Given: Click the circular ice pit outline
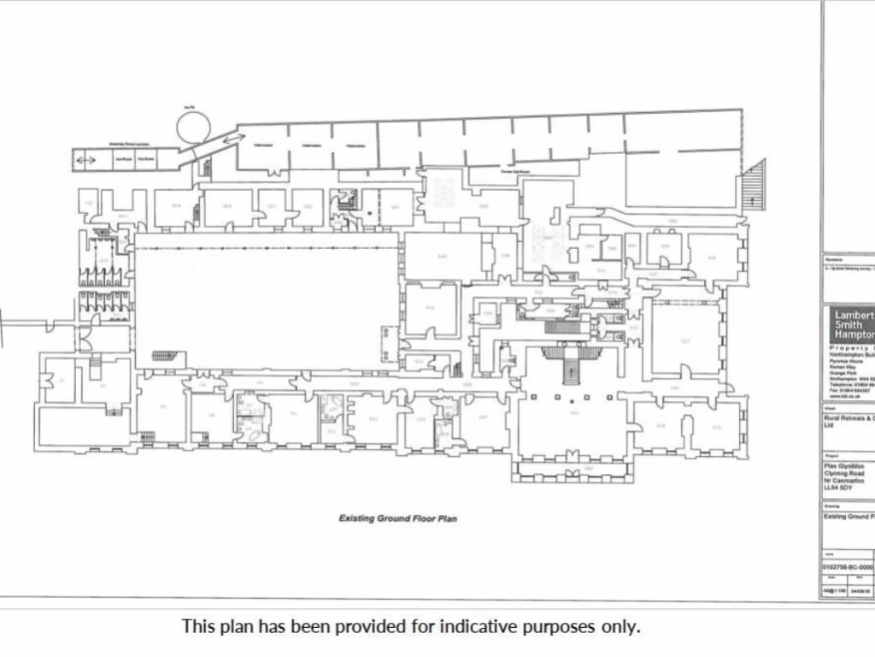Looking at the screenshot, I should (193, 127).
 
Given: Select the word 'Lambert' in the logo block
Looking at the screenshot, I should (853, 315).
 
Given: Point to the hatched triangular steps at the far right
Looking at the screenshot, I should (752, 183).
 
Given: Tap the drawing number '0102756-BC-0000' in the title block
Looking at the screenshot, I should (849, 566).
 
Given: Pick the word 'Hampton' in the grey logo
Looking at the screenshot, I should (854, 336).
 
